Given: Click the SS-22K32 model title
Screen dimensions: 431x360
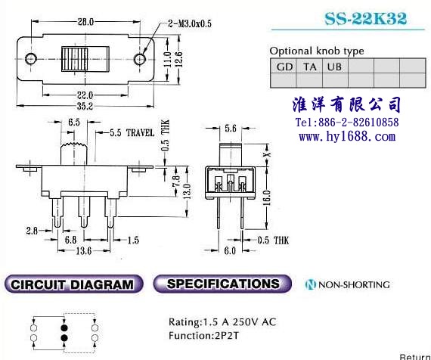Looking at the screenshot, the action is [365, 19].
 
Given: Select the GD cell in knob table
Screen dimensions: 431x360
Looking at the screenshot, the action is [284, 66].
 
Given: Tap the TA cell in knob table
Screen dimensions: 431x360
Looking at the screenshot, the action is [309, 66].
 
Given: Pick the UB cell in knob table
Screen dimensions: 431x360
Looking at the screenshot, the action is [335, 66].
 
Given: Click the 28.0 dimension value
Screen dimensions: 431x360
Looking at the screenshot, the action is [85, 22].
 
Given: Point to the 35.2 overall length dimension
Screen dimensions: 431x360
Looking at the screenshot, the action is [85, 106].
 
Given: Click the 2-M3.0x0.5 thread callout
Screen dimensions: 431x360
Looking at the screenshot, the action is [190, 24].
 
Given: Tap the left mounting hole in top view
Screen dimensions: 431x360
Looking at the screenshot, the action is [31, 58].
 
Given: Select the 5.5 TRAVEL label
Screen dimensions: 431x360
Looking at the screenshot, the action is [132, 133].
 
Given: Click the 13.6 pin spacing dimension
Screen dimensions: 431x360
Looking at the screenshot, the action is [84, 251].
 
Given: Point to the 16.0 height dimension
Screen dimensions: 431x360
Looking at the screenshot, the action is [267, 197].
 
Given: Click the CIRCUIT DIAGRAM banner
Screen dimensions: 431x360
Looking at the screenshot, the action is [73, 284].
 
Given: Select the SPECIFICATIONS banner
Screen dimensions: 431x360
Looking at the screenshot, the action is [222, 284].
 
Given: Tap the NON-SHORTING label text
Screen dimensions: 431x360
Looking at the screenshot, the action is [354, 284].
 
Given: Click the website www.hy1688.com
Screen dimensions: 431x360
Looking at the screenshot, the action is [347, 136].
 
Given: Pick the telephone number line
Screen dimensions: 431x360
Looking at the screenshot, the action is [347, 123].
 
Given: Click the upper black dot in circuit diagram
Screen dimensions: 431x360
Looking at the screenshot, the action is [64, 327].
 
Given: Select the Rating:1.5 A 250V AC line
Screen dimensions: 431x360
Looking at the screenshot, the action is [222, 321].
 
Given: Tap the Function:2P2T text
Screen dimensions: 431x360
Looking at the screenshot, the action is [203, 336].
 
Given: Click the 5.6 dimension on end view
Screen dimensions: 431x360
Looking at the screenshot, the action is [231, 128].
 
